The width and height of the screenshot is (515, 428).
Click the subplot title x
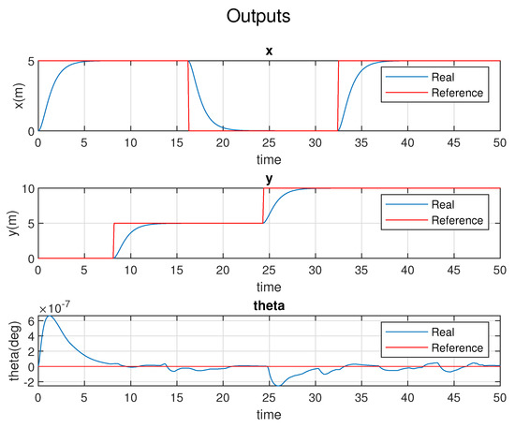[x=269, y=51]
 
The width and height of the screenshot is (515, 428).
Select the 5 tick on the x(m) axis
[x=31, y=61]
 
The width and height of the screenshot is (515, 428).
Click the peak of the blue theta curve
[x=48, y=317]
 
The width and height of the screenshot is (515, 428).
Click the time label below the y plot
[x=269, y=285]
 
